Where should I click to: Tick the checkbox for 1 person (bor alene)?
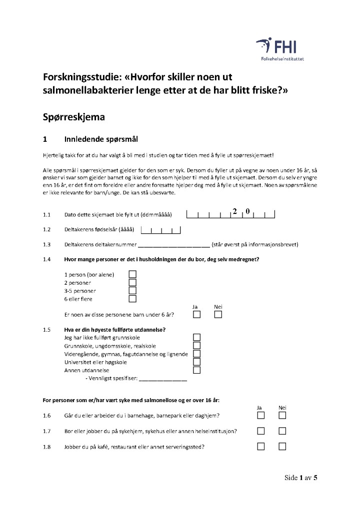point(132,274)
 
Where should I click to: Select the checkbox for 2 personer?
point(132,283)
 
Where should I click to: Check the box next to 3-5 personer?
point(132,291)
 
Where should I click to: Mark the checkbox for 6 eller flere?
point(132,299)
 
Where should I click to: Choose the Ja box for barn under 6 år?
point(197,315)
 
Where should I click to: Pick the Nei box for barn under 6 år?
point(218,315)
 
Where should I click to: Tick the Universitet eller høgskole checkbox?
point(197,362)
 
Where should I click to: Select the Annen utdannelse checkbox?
point(197,370)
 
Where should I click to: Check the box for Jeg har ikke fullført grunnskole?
point(197,338)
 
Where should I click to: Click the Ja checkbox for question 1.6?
point(261,416)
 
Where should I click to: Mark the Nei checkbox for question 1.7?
point(282,431)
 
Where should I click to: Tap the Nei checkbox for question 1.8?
point(282,447)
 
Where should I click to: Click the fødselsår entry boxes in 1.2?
point(160,230)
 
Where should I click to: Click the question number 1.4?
point(47,259)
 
